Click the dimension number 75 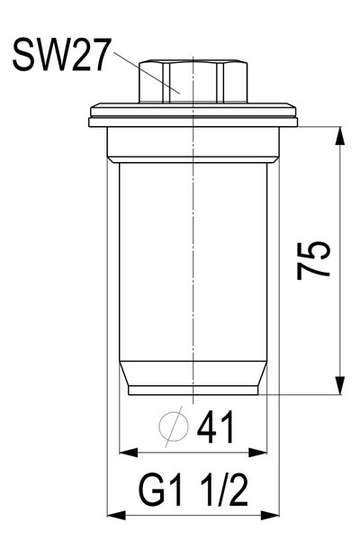(316, 261)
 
